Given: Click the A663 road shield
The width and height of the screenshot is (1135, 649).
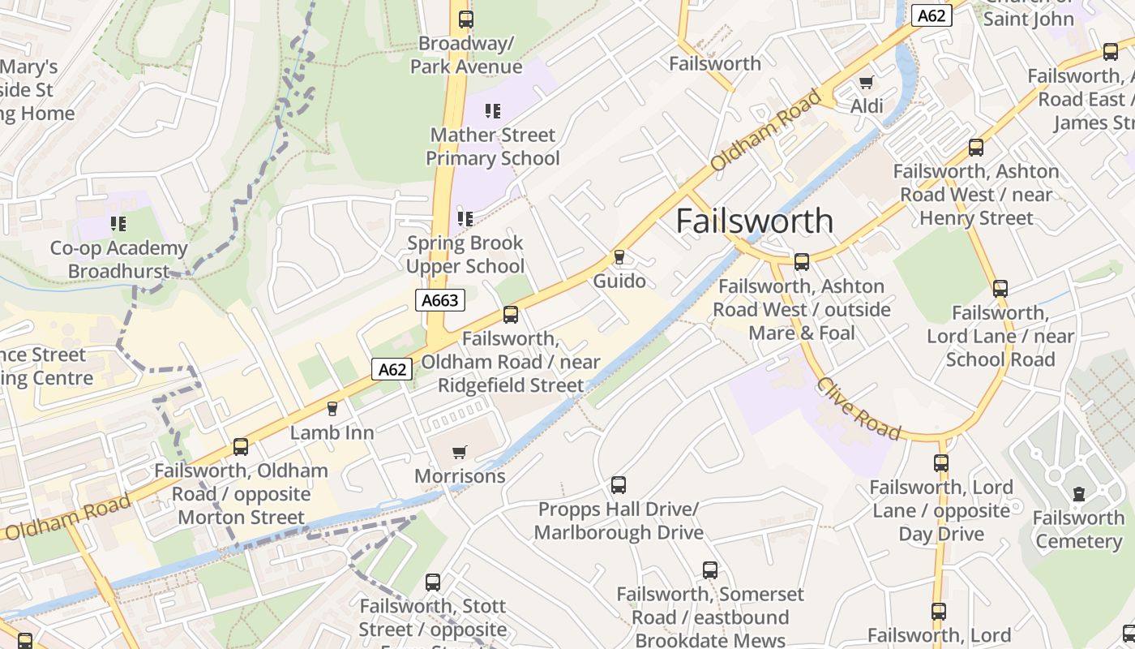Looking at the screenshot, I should pos(440,300).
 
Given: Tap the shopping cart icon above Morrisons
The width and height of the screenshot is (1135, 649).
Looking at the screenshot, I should pos(460,452).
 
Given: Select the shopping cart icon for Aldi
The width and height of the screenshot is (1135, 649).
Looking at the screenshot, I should pos(866,82).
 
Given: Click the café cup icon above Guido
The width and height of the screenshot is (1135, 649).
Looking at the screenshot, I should pos(619,257).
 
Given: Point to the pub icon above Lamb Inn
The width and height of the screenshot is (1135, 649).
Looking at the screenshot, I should pos(332,409).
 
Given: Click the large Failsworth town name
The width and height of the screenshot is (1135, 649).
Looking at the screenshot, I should pos(754,221).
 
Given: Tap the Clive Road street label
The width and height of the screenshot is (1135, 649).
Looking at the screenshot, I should pos(858,408).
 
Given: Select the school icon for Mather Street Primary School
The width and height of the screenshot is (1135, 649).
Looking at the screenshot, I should pos(492,110).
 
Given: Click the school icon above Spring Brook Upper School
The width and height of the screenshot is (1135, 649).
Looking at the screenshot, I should pos(465,218).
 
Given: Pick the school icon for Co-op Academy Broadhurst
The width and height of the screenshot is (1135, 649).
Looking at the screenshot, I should pos(118,223).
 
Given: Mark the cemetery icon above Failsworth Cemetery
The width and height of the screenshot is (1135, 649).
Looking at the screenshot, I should pos(1078,494).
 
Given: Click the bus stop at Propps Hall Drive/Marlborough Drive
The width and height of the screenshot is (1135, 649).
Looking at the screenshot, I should pos(619,485).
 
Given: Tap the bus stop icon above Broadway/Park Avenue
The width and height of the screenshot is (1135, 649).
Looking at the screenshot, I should pos(465,19).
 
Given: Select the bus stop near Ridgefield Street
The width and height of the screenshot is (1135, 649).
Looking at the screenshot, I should pos(511,315).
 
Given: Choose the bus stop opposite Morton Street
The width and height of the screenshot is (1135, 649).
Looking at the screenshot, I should pos(241,447).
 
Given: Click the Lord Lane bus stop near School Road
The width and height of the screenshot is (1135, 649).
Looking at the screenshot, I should pos(1000,289).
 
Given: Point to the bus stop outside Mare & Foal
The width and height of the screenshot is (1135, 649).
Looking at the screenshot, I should pos(802,262).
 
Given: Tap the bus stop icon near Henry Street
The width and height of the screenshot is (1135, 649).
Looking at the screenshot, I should pos(976,148).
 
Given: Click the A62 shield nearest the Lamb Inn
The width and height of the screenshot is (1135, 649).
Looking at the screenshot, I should pos(392,369).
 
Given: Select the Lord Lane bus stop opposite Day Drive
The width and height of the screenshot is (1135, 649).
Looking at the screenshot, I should pos(940,463).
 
